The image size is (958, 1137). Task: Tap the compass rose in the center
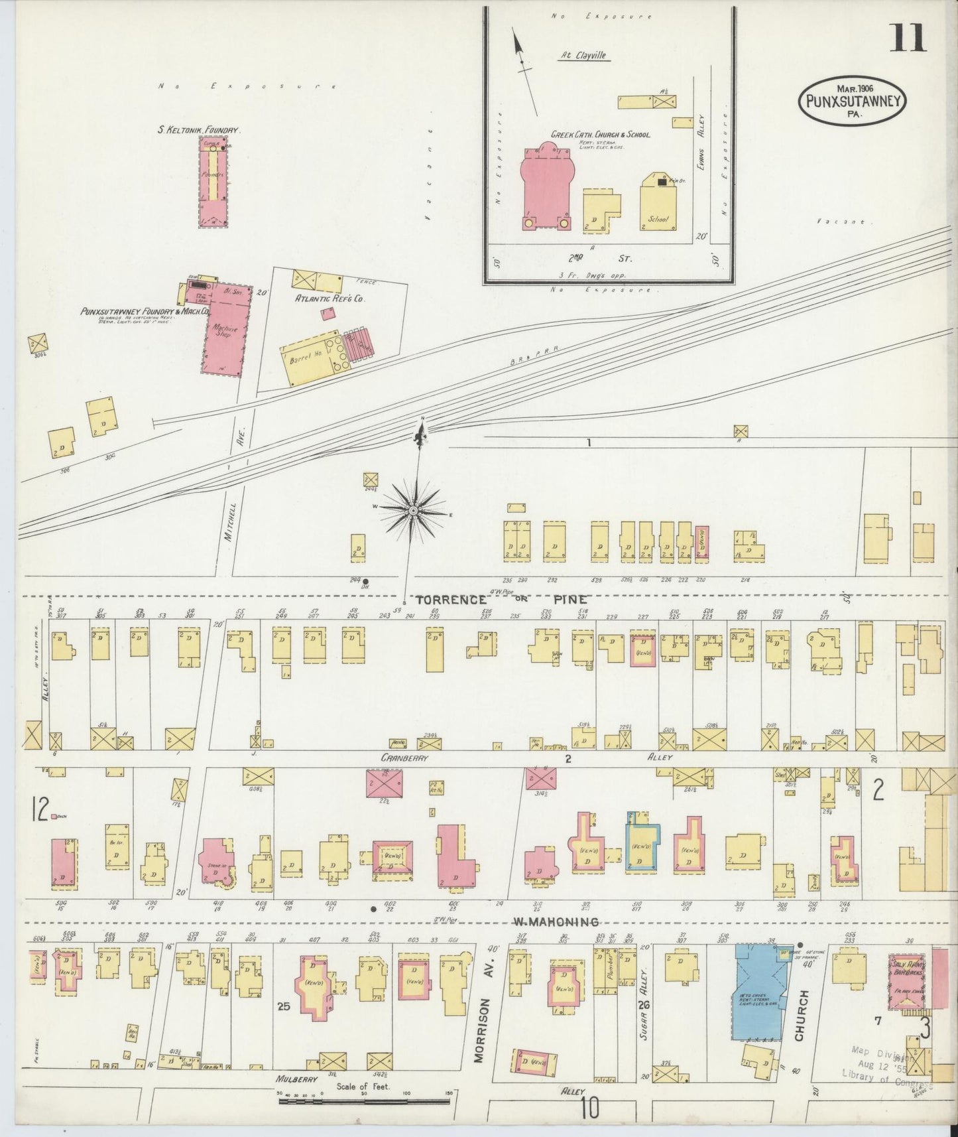[413, 509]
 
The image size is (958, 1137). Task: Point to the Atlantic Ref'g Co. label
[330, 299]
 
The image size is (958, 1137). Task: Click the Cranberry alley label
[404, 757]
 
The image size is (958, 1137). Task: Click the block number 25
[283, 1006]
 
